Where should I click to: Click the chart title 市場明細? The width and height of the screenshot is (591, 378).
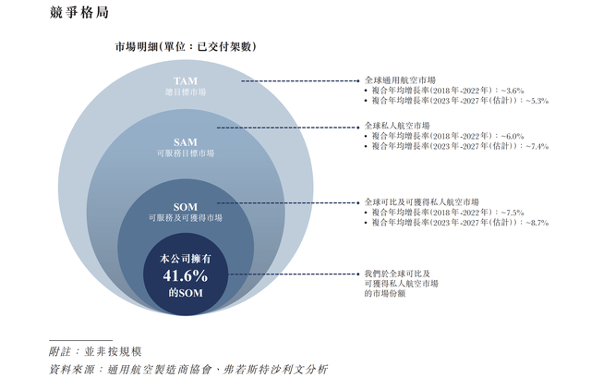[x=185, y=46]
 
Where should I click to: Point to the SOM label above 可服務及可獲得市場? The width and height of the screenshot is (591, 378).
[x=186, y=206]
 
